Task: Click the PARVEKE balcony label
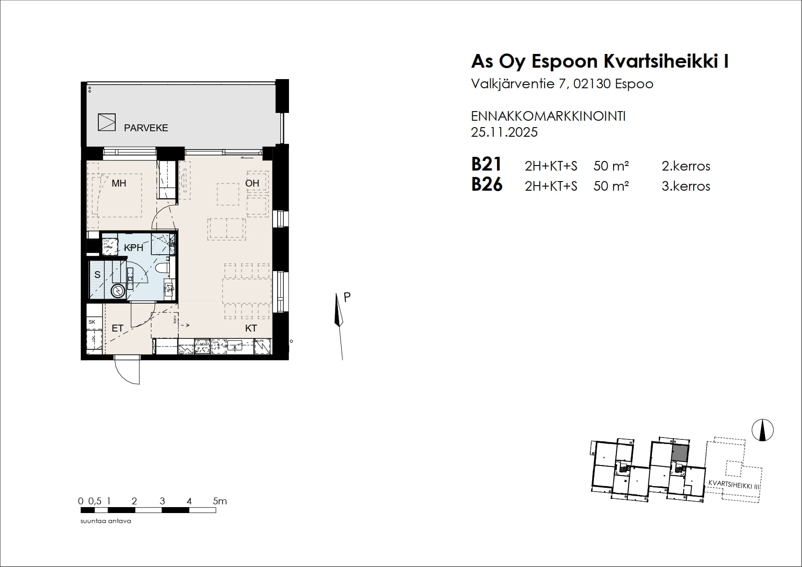click(x=146, y=128)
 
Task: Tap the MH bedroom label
click(x=119, y=183)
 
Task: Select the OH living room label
click(x=252, y=183)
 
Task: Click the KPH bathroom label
click(x=134, y=248)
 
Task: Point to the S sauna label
click(x=97, y=275)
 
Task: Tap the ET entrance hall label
click(x=118, y=328)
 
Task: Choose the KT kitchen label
click(x=251, y=328)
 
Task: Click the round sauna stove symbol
click(x=118, y=291)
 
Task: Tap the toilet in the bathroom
click(x=162, y=267)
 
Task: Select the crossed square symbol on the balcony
click(x=107, y=122)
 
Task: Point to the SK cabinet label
click(x=92, y=322)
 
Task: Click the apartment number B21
click(x=487, y=164)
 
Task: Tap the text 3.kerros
click(x=685, y=186)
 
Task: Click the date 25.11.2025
click(x=504, y=132)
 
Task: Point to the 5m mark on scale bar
click(x=219, y=501)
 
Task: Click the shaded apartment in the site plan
click(x=680, y=453)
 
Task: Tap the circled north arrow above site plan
click(x=763, y=430)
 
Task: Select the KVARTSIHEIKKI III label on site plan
click(x=733, y=485)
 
